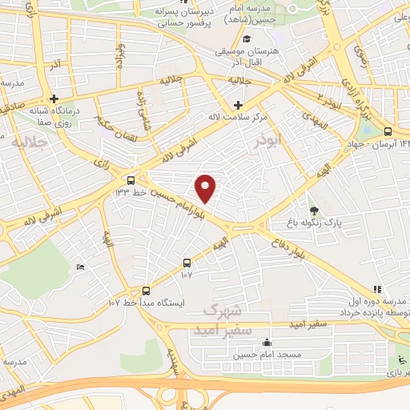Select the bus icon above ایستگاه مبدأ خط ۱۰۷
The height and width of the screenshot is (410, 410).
pyautogui.click(x=146, y=291)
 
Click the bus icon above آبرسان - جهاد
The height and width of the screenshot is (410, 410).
pyautogui.click(x=388, y=132)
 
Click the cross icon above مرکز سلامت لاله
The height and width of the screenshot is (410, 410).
pyautogui.click(x=238, y=105)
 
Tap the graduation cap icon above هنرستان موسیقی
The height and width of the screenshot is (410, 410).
pyautogui.click(x=247, y=38)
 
